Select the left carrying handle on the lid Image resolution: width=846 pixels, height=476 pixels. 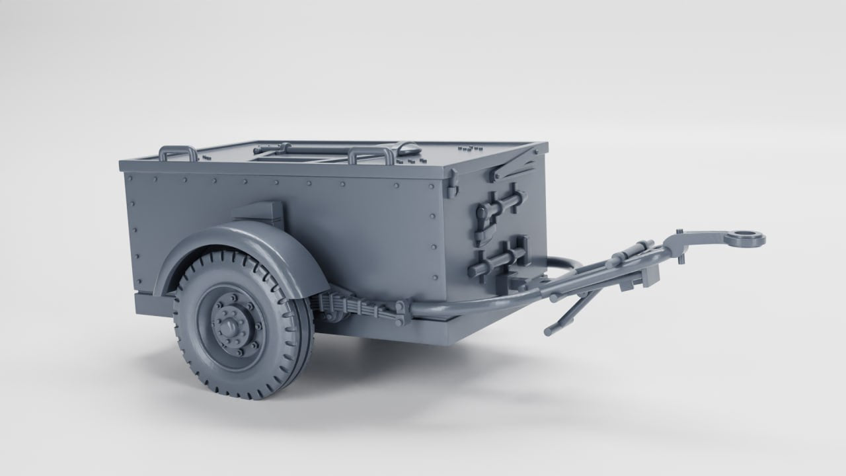177,153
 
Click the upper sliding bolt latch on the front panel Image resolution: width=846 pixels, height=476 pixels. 502,202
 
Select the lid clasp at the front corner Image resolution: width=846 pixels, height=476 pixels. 453,188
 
